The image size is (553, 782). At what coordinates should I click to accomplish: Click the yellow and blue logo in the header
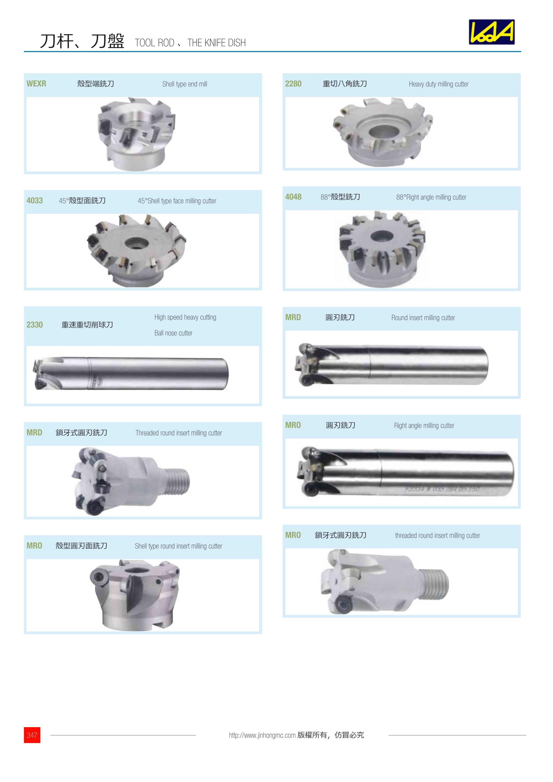coord(492,32)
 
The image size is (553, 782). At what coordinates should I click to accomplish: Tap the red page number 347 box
coord(32,735)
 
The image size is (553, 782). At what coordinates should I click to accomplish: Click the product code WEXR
coord(36,84)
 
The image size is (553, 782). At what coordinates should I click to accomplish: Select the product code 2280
coord(293,84)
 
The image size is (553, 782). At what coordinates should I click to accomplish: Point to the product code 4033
coord(35,201)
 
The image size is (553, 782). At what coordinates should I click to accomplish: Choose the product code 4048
coord(293,197)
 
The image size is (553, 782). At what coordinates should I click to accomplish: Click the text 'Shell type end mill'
coord(185,84)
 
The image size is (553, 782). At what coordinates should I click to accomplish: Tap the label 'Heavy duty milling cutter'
coord(439,84)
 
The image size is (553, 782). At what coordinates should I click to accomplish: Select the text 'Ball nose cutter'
coord(173,333)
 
